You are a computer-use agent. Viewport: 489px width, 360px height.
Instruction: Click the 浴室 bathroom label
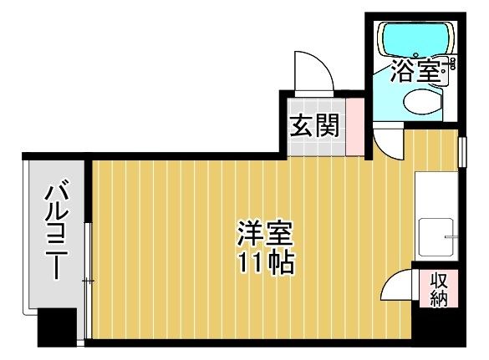coord(415,71)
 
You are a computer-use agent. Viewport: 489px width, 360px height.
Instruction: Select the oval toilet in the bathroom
coord(422,100)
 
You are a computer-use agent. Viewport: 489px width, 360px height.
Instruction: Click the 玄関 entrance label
coord(314,125)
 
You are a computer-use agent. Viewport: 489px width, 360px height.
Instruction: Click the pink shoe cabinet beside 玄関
coord(355,127)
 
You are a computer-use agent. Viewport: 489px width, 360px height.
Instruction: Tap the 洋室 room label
coord(265,233)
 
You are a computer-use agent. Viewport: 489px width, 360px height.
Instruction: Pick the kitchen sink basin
coord(436,237)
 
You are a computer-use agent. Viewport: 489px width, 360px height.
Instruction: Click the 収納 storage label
coord(439,290)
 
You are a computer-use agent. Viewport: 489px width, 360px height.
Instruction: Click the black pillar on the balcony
coord(57,327)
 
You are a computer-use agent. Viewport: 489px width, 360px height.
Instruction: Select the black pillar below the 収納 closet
coord(439,327)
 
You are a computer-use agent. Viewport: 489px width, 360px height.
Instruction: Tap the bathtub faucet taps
coord(451,63)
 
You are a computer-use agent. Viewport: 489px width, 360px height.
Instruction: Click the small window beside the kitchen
coord(462,152)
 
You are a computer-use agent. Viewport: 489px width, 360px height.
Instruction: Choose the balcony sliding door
coord(89,281)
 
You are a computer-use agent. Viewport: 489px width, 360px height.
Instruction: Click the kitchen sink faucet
coord(451,236)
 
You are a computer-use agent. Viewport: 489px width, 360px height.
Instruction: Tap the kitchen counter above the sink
coord(436,194)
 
